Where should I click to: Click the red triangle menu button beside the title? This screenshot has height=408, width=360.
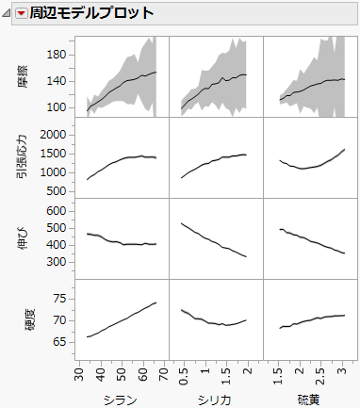tap(22, 13)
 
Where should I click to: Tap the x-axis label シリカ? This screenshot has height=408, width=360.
tap(216, 399)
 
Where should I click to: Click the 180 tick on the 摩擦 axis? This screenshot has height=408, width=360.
tap(57, 55)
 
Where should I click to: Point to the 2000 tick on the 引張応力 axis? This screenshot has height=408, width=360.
tap(54, 135)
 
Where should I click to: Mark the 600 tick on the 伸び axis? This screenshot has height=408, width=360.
tap(57, 212)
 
